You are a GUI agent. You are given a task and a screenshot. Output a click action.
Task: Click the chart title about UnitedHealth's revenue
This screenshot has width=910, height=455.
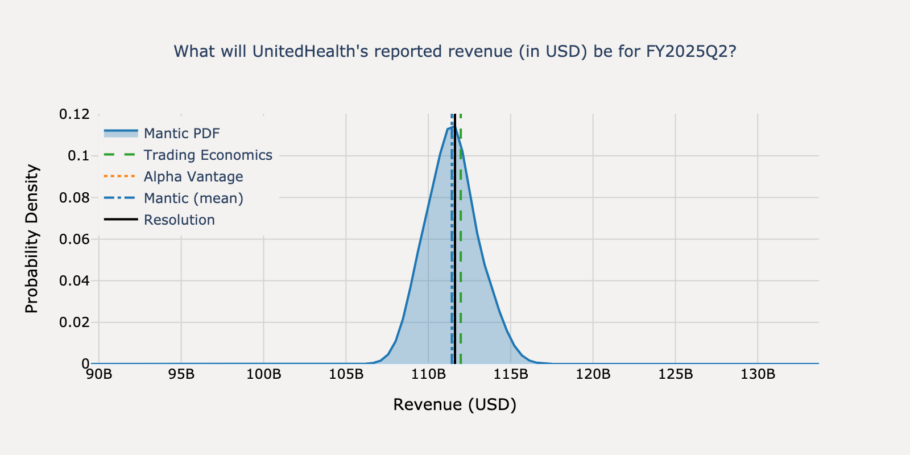pyautogui.click(x=455, y=52)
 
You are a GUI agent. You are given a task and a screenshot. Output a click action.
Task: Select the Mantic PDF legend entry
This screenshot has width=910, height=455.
pyautogui.click(x=181, y=134)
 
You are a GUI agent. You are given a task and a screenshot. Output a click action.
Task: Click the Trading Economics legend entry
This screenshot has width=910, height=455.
pyautogui.click(x=208, y=155)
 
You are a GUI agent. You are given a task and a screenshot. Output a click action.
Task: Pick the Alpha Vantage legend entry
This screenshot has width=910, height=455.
pyautogui.click(x=193, y=177)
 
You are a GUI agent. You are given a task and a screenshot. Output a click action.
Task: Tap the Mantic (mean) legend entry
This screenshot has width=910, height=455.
pyautogui.click(x=193, y=198)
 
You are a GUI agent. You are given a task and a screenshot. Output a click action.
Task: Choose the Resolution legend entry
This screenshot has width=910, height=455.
pyautogui.click(x=179, y=220)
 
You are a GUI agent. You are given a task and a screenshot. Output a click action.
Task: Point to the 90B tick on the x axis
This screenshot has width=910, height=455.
pyautogui.click(x=99, y=375)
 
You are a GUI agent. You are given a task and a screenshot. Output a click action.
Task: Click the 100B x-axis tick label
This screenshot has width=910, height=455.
pyautogui.click(x=264, y=375)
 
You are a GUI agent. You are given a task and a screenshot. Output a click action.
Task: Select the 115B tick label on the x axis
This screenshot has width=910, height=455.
pyautogui.click(x=511, y=375)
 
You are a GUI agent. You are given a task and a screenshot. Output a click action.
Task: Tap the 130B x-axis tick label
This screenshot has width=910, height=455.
pyautogui.click(x=758, y=375)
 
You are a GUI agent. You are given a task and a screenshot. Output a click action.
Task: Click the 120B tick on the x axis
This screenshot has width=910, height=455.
pyautogui.click(x=593, y=375)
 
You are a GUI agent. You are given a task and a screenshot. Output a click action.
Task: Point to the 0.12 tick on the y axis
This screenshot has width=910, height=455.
pyautogui.click(x=75, y=114)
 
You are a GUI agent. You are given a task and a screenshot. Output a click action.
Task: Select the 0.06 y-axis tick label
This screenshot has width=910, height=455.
pyautogui.click(x=75, y=239)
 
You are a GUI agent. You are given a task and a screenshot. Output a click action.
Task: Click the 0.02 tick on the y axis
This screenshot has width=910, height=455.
pyautogui.click(x=75, y=322)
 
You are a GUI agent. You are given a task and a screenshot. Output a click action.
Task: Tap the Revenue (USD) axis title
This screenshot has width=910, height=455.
pyautogui.click(x=455, y=405)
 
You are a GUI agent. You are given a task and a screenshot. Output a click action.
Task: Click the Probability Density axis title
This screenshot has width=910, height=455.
pyautogui.click(x=32, y=239)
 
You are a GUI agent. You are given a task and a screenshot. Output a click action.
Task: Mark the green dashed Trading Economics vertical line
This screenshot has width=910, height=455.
pyautogui.click(x=461, y=256)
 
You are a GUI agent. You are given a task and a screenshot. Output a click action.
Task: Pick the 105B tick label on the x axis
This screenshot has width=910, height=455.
pyautogui.click(x=346, y=375)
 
